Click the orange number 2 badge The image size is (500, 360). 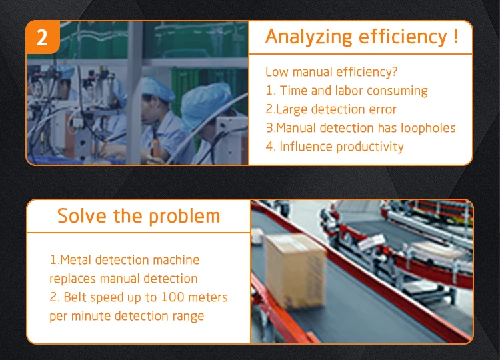pyautogui.click(x=43, y=37)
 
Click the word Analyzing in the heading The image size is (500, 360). pyautogui.click(x=309, y=37)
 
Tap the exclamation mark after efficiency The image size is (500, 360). pyautogui.click(x=455, y=36)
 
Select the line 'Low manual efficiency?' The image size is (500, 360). pyautogui.click(x=331, y=72)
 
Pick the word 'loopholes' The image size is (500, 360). pyautogui.click(x=428, y=128)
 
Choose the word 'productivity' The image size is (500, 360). pyautogui.click(x=370, y=147)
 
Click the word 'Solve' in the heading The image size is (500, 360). pyautogui.click(x=82, y=215)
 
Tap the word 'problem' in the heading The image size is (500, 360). pyautogui.click(x=185, y=216)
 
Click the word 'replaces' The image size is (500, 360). pyautogui.click(x=73, y=279)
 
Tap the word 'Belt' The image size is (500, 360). pyautogui.click(x=75, y=297)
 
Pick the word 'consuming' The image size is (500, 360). pyautogui.click(x=397, y=91)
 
